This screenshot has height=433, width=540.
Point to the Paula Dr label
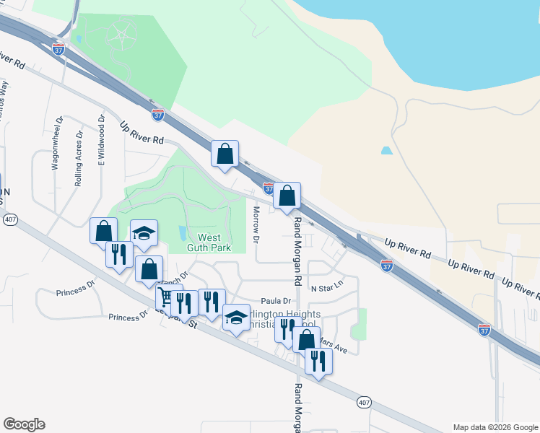point(275,301)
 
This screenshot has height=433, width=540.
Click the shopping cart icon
point(165,297)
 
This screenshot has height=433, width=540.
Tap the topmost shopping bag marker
point(225,153)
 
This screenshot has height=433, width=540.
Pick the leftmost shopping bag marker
point(103,231)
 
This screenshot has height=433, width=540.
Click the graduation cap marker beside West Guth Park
point(144,233)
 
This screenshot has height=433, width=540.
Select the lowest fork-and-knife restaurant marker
point(318,359)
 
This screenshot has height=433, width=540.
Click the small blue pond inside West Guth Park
point(182,233)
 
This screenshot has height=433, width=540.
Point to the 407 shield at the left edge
point(9,219)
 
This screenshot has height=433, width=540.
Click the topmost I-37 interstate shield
point(58,48)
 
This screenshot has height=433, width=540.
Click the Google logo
point(24,424)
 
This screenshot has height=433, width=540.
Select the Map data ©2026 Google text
point(495,427)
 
